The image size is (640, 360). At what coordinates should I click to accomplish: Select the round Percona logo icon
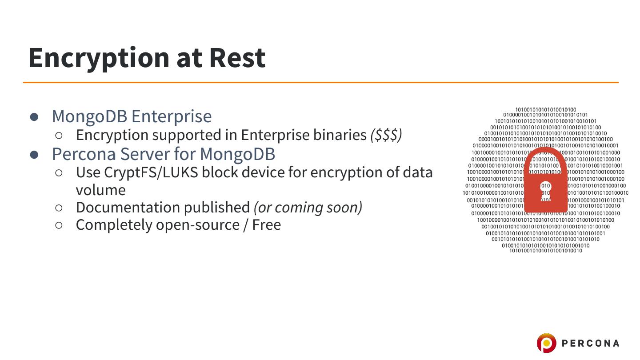click(546, 343)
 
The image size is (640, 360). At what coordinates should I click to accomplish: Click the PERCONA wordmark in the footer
click(591, 343)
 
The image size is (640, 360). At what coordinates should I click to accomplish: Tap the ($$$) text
click(386, 135)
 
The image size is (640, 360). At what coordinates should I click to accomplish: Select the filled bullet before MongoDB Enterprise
click(35, 116)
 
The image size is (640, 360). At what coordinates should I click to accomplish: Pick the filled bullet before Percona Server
click(35, 154)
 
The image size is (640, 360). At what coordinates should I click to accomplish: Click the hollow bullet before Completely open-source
click(59, 225)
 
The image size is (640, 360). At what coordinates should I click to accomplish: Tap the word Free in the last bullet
click(266, 225)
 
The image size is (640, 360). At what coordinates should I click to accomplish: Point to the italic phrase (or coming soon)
click(308, 208)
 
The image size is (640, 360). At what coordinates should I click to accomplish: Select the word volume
click(100, 190)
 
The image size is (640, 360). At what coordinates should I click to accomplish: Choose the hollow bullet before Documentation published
click(59, 208)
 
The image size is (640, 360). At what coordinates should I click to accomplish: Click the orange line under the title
click(320, 82)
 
